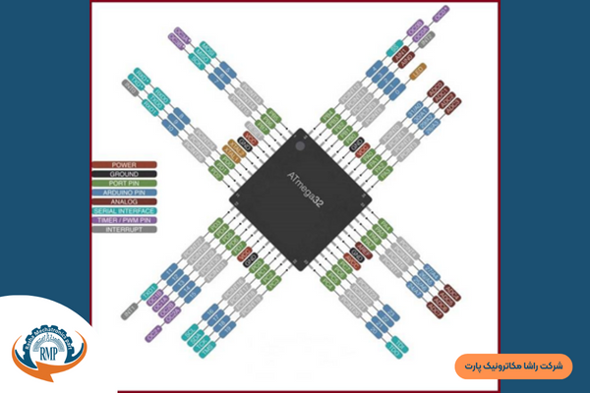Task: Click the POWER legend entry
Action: tap(124, 164)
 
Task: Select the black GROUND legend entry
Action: tap(124, 173)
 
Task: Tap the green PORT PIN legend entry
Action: tap(124, 183)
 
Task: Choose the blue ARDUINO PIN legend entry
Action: tap(124, 192)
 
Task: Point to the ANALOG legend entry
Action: tap(124, 200)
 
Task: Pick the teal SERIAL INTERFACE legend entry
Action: tap(124, 210)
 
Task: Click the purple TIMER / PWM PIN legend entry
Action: tap(124, 219)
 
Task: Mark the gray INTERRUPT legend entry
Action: tap(124, 229)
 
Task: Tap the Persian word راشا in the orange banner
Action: tap(531, 366)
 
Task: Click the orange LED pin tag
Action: tap(417, 71)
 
